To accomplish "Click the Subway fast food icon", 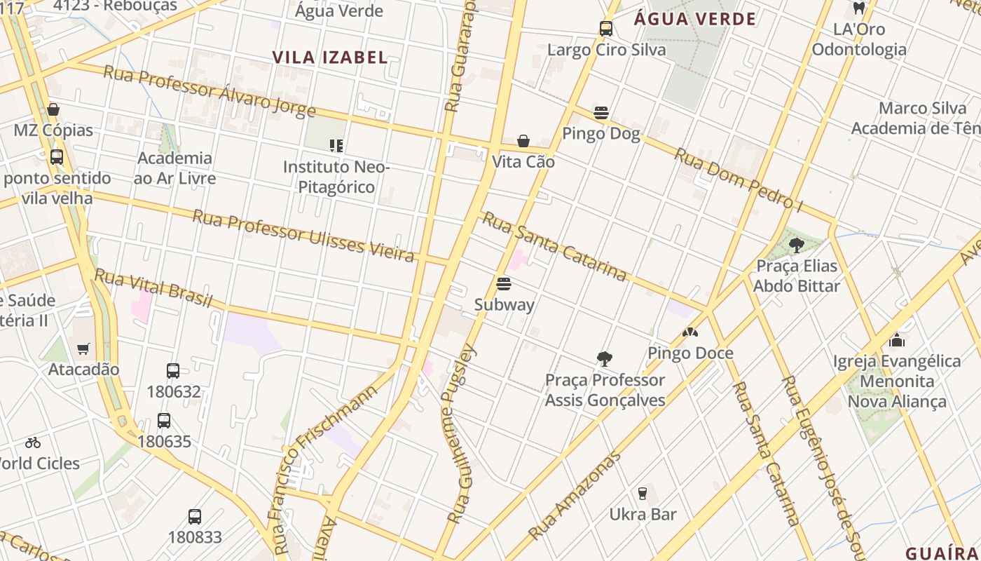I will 503,284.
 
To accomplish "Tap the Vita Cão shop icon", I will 523,142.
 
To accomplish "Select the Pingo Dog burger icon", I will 601,113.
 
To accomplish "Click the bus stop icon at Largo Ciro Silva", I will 606,29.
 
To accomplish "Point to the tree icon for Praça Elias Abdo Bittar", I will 796,245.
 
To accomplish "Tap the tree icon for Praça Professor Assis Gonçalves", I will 604,359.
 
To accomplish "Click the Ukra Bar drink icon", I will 642,494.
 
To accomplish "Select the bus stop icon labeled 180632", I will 173,371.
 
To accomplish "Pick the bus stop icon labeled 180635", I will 164,421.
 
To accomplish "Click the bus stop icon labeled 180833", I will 195,517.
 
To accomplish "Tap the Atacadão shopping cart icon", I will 83,349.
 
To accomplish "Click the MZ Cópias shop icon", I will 53,109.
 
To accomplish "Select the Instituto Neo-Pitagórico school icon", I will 336,146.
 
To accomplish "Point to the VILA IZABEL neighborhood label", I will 329,58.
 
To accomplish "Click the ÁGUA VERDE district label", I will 695,19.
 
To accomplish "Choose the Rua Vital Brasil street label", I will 153,288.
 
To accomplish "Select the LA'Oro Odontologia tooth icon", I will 858,8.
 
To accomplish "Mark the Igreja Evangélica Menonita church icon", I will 897,341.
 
